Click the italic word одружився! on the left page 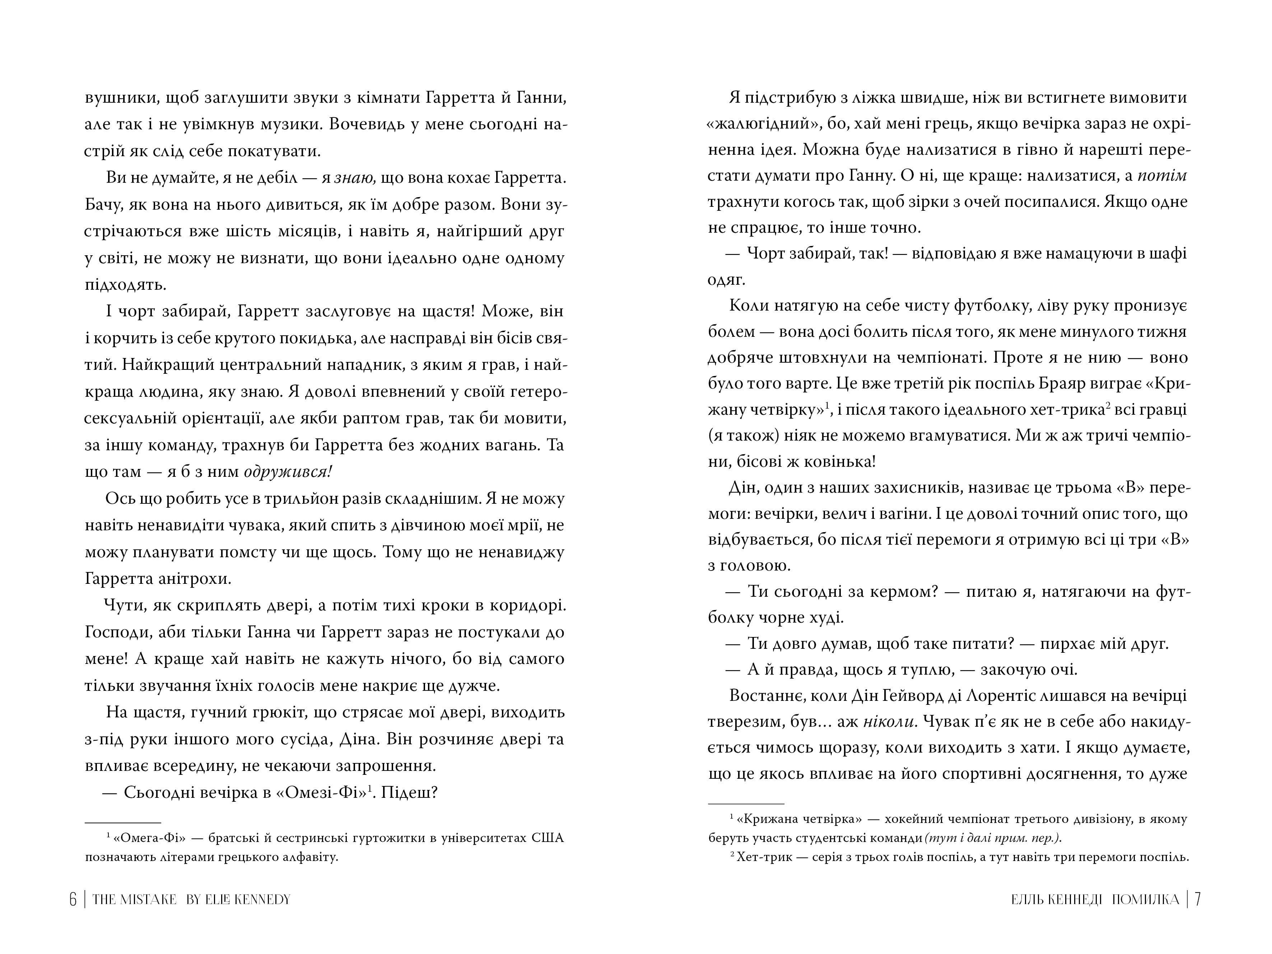(288, 471)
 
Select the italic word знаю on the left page (355, 178)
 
